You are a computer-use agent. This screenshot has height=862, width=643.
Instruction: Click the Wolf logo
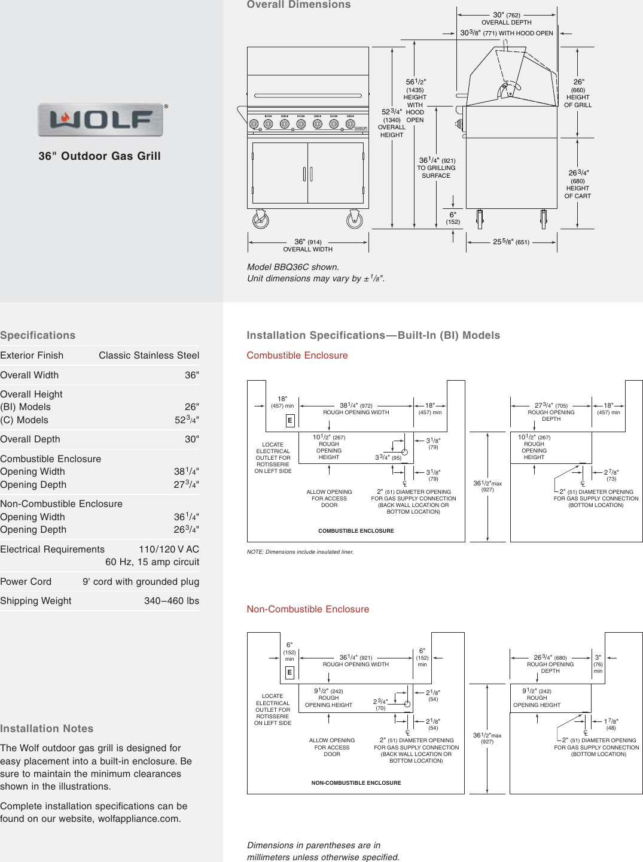(x=100, y=120)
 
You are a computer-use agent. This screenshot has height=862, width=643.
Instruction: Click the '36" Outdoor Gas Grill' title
(x=99, y=156)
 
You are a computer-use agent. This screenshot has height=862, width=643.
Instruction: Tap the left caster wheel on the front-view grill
(x=261, y=220)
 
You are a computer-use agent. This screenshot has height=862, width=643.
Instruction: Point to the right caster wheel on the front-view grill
(x=355, y=220)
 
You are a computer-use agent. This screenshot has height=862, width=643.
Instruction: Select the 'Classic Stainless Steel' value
(x=149, y=356)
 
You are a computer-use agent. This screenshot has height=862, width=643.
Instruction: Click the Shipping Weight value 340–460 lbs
(x=172, y=601)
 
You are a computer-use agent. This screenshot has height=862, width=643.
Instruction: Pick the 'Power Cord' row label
(x=26, y=582)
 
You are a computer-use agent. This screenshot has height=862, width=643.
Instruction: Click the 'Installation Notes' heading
(x=47, y=729)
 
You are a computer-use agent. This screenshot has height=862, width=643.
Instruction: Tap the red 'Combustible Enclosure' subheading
(x=297, y=356)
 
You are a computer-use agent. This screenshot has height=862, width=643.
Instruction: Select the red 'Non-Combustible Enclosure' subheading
(x=308, y=609)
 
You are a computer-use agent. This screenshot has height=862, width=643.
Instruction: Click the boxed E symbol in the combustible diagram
(x=290, y=421)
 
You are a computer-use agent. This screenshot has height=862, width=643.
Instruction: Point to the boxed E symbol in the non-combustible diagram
(x=289, y=673)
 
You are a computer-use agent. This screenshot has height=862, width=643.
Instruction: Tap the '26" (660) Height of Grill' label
(x=578, y=93)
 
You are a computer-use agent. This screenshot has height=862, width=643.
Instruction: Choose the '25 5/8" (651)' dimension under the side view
(x=511, y=242)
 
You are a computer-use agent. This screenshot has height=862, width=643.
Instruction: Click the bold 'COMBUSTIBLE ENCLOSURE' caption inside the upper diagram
(x=356, y=531)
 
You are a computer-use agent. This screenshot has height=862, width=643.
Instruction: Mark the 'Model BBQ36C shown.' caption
(x=293, y=267)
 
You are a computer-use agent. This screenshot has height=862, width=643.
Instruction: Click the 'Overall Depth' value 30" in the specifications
(x=191, y=439)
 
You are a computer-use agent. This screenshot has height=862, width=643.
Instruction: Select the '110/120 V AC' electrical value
(x=169, y=550)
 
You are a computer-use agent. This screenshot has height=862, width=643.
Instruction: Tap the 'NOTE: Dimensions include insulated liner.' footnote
(x=300, y=552)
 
